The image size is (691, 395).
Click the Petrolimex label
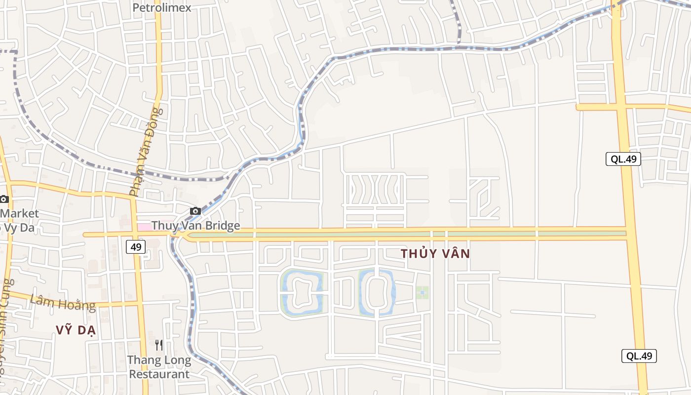(x=162, y=8)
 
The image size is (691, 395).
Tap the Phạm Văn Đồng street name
(x=146, y=152)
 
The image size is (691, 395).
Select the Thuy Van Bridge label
(x=195, y=226)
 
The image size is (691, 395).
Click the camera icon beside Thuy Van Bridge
(x=195, y=211)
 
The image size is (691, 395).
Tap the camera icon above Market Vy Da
(x=4, y=199)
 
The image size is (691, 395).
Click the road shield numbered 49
(x=135, y=247)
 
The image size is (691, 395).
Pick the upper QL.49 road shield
(x=623, y=159)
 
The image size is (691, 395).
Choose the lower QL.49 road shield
(x=639, y=356)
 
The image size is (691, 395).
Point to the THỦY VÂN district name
(x=435, y=254)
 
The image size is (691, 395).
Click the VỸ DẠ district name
(x=77, y=331)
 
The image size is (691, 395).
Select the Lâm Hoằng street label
(x=63, y=302)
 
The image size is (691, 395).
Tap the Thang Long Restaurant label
(x=159, y=367)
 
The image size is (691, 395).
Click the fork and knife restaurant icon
(x=159, y=345)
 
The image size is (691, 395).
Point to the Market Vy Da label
(x=19, y=220)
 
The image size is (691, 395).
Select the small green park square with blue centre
(x=422, y=293)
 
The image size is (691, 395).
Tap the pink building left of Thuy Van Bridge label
(x=144, y=226)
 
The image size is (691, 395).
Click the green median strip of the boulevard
(x=405, y=235)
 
